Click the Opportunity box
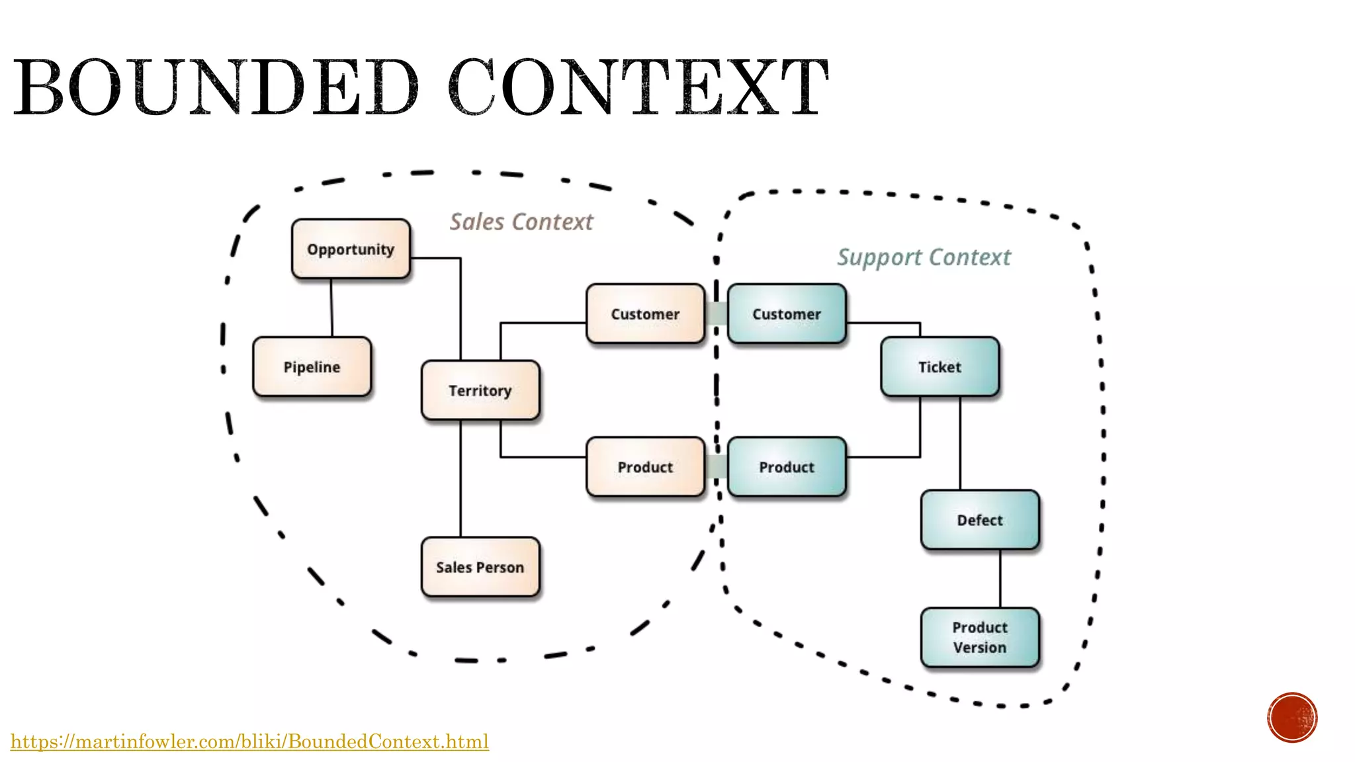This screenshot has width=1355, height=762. point(351,249)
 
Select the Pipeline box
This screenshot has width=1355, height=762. point(312,366)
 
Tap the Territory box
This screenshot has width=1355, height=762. point(480,390)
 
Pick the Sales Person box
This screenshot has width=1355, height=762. point(480,567)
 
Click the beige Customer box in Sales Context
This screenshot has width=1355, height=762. point(645,314)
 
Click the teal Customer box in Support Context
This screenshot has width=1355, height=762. point(787,314)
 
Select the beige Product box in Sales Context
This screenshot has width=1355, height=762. point(645,466)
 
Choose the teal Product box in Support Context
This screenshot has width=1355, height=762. point(787,466)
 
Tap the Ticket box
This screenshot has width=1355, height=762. point(940,366)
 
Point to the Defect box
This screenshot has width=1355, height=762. point(980,520)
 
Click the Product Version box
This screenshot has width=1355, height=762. point(980,637)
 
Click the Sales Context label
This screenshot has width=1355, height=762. point(521,222)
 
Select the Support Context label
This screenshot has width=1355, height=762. point(924,257)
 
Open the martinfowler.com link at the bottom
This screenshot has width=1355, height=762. point(249,741)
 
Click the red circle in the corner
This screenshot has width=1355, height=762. point(1292,718)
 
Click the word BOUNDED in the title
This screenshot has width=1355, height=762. point(216,87)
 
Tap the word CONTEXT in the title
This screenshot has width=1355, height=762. point(638,87)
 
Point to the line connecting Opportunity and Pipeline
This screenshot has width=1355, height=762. point(331,308)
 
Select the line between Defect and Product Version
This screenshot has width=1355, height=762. point(1000,578)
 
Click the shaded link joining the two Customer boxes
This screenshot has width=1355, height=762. point(716,314)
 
